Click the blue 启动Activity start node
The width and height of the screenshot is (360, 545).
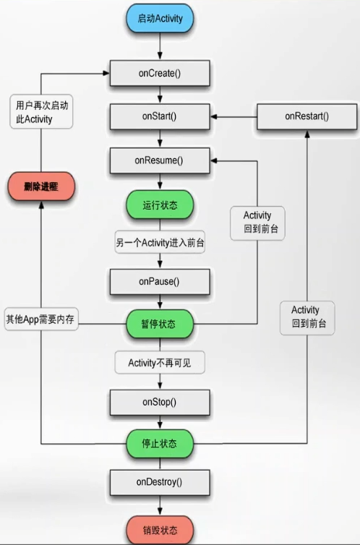click(159, 20)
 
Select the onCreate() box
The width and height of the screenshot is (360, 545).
click(159, 73)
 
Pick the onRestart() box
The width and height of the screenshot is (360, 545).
click(307, 116)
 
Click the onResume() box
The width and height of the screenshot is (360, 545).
click(159, 160)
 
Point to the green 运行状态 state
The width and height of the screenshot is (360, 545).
click(159, 205)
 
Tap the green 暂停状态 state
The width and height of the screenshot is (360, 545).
click(159, 323)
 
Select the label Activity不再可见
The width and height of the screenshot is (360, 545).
click(159, 361)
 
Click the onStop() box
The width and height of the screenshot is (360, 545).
click(159, 401)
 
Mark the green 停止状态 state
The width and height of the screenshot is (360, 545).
click(159, 442)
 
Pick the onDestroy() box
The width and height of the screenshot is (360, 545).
click(159, 481)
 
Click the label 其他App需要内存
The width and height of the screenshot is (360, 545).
click(40, 319)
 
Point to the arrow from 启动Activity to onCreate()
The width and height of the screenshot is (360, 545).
click(159, 46)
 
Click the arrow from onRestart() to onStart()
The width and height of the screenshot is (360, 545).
click(234, 116)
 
